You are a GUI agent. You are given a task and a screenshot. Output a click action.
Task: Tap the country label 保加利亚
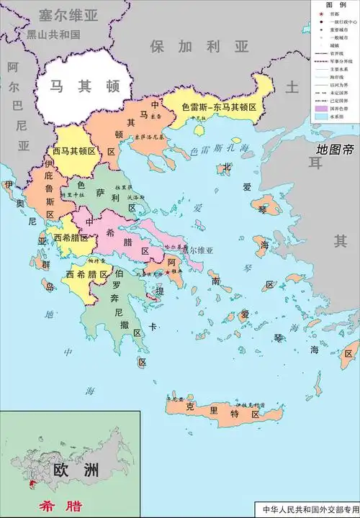pos(199,47)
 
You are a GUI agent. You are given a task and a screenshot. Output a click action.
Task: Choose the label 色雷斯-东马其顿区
pos(223,106)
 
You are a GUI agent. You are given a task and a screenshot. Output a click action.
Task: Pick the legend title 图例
pos(336,4)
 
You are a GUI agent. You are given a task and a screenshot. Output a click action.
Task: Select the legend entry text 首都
pos(336,13)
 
